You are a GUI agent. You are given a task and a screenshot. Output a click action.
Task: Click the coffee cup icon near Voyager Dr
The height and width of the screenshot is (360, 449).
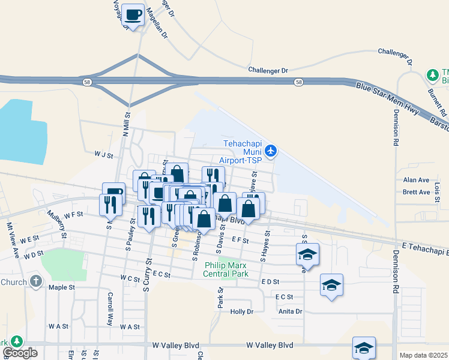point(133,14)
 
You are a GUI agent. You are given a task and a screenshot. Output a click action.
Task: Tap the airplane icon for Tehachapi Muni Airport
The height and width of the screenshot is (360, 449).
point(271,151)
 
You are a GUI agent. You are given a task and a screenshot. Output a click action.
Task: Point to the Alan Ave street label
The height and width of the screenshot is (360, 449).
point(416,180)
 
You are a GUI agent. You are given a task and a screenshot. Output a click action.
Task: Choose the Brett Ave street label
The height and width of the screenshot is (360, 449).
point(416,192)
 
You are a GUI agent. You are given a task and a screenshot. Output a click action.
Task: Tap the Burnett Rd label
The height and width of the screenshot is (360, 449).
point(437,103)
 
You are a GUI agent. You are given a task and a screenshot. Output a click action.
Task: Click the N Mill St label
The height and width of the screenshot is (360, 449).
point(127,124)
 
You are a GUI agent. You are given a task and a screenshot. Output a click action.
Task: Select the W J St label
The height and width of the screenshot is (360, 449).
point(103,154)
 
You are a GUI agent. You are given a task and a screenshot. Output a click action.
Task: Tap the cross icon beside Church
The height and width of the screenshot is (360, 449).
point(35,281)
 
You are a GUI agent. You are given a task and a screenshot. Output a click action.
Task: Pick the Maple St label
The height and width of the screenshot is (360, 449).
point(61,287)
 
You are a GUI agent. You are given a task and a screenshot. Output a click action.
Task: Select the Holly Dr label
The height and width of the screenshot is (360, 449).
point(242,311)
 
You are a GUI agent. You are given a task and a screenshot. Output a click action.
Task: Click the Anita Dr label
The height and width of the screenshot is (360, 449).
point(291,311)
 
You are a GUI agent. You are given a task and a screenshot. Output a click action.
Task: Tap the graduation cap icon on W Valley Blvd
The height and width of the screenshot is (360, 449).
point(364,347)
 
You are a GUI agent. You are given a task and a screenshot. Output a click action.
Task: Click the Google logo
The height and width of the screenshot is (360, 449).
point(20,353)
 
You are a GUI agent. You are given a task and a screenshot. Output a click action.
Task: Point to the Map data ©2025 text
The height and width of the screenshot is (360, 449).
point(423,355)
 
